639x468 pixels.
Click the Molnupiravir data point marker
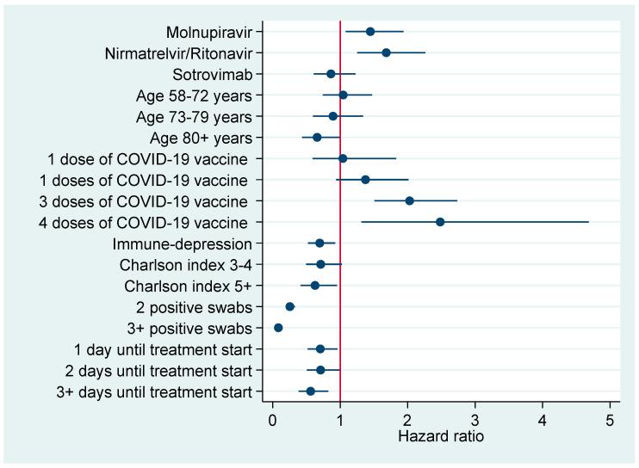(370, 32)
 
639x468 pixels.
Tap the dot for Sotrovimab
(331, 74)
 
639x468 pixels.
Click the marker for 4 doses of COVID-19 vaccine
(440, 222)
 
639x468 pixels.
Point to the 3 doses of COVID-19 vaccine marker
(410, 200)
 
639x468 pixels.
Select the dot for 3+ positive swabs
(278, 328)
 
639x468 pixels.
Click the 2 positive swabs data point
(290, 306)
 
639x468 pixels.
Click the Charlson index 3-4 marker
(320, 264)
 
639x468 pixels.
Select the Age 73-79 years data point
(333, 116)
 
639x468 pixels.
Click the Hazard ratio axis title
(441, 437)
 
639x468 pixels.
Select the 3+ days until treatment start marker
(311, 391)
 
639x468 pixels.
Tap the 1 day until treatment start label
(163, 349)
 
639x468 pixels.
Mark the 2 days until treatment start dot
(320, 370)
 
